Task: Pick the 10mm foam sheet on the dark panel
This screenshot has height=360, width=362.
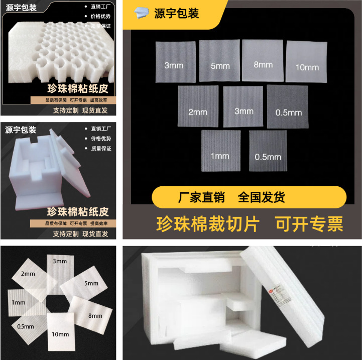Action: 306,61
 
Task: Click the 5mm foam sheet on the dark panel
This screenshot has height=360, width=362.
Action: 219,61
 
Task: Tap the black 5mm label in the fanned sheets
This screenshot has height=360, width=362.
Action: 91,284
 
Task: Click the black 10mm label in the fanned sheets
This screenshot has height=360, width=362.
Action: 60,334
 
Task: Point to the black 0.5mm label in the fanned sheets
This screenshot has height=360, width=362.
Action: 25,326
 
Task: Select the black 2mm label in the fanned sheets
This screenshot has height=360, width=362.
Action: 28,274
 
